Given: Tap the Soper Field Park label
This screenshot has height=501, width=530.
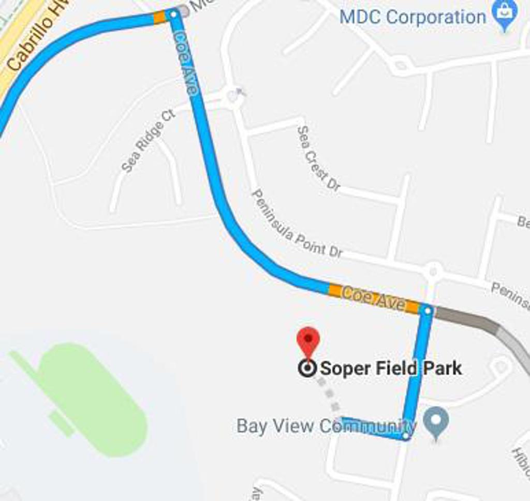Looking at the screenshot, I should pyautogui.click(x=391, y=369).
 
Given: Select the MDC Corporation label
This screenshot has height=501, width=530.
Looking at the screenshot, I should pyautogui.click(x=413, y=17).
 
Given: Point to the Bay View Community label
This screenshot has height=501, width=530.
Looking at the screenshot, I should pyautogui.click(x=326, y=426).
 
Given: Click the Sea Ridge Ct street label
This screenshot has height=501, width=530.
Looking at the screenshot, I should pyautogui.click(x=149, y=140).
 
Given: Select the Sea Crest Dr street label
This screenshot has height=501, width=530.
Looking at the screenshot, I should pyautogui.click(x=318, y=158).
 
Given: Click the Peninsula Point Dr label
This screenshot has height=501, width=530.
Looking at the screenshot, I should pyautogui.click(x=297, y=224).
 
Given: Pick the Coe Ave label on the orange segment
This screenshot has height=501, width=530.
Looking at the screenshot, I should pyautogui.click(x=374, y=299).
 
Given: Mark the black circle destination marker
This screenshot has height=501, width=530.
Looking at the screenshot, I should pyautogui.click(x=308, y=369).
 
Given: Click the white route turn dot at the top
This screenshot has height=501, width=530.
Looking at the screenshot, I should pyautogui.click(x=173, y=14).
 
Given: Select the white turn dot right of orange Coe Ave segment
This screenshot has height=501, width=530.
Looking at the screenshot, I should pyautogui.click(x=427, y=311).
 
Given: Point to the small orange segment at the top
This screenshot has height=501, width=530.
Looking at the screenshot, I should pyautogui.click(x=160, y=17).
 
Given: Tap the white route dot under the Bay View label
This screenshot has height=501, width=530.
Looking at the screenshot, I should pyautogui.click(x=406, y=436).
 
